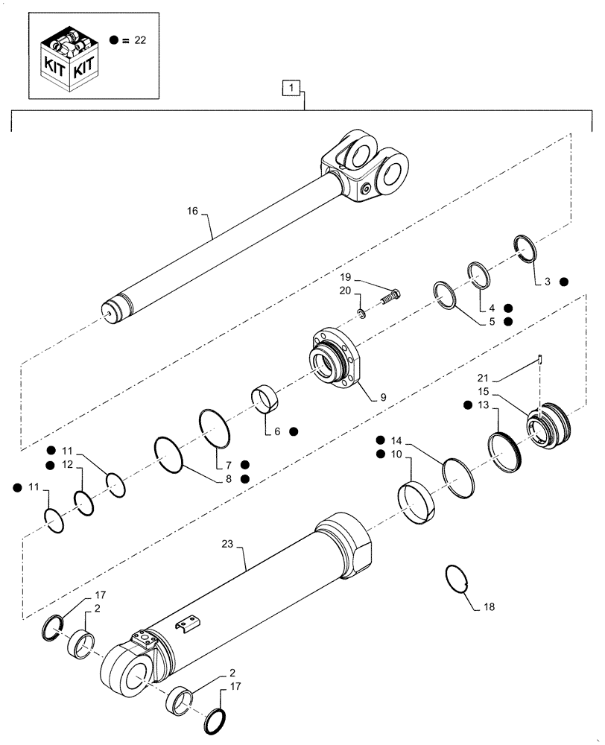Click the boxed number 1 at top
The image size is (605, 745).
click(x=291, y=89)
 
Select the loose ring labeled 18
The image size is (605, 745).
click(x=456, y=578)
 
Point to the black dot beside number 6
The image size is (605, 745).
click(x=294, y=431)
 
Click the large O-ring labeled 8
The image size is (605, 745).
click(x=169, y=456)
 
